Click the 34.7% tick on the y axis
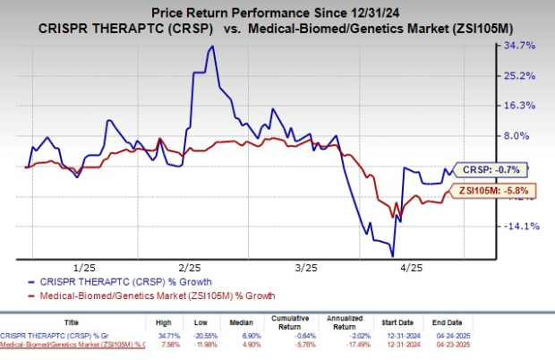[520, 45]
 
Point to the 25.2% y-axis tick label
[520, 75]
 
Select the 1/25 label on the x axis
[84, 267]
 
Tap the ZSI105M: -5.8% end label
[492, 190]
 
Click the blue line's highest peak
[211, 47]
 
